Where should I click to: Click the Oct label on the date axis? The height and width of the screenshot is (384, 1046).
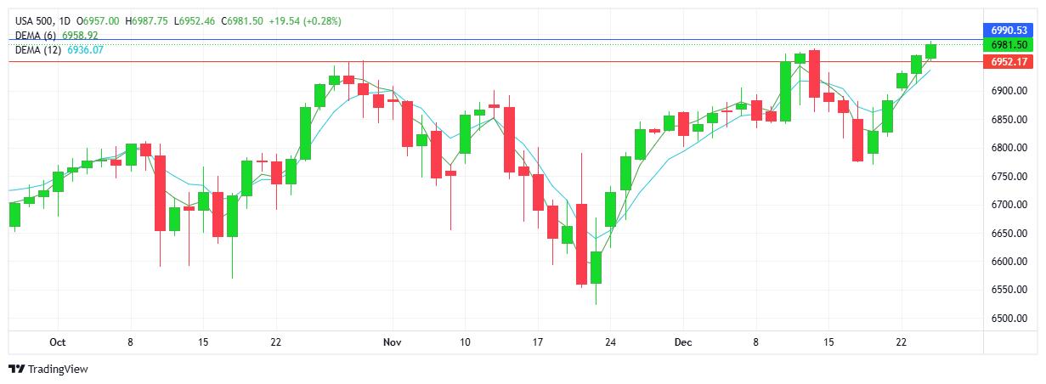[x=58, y=342]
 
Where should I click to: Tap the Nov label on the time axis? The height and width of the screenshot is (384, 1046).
[x=391, y=342]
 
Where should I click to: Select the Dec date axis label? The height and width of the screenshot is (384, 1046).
[x=683, y=342]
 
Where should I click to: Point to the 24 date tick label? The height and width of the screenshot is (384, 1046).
[x=610, y=342]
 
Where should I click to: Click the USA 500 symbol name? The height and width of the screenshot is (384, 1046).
[x=32, y=20]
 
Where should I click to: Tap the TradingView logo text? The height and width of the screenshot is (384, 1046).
[x=58, y=370]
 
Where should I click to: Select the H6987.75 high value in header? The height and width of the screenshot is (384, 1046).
[x=148, y=20]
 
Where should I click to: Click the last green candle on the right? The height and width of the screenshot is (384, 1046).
[x=931, y=52]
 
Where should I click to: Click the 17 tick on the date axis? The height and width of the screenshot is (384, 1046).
[x=537, y=342]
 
